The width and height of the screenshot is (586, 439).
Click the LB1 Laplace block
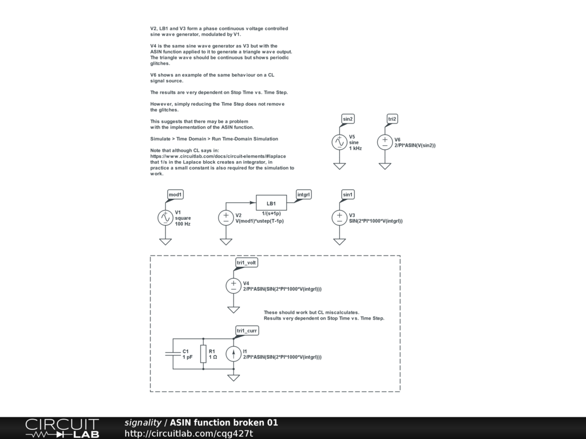pos(271,203)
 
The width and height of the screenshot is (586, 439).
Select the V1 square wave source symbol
pos(165,217)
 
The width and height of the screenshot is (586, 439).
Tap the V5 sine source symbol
pos(339,142)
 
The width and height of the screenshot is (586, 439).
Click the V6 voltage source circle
pos(385,142)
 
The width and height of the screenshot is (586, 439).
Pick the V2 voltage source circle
pos(226,217)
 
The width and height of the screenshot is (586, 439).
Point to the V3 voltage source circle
pos(339,217)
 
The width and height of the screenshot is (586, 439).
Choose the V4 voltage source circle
pos(233,285)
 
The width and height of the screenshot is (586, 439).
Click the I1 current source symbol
pos(233,354)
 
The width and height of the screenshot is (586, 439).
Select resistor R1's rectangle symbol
pos(203,354)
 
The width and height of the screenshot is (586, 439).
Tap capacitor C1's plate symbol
pos(173,354)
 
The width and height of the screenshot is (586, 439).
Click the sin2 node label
pos(348,119)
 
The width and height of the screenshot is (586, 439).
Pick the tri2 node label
pos(392,119)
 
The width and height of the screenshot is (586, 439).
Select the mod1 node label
pos(175,194)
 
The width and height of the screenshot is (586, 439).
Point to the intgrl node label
pos(304,194)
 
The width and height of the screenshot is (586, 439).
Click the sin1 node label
pos(348,194)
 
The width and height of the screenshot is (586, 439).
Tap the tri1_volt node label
pos(247,262)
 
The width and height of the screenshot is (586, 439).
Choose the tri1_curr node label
pos(247,331)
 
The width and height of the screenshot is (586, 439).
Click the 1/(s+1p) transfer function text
pos(271,213)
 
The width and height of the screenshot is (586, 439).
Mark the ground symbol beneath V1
pos(165,241)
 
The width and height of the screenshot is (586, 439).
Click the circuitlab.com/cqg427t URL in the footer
pos(189,433)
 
